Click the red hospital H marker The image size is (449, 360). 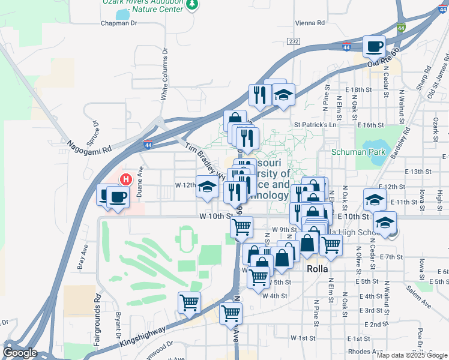(x=126, y=179)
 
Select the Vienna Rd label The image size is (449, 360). (x=310, y=23)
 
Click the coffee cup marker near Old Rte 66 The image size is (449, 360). (x=374, y=46)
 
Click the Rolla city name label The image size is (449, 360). (x=318, y=269)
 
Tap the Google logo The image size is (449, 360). (x=20, y=353)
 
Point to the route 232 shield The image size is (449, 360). (x=293, y=41)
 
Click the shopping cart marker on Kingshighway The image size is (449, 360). (x=189, y=302)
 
